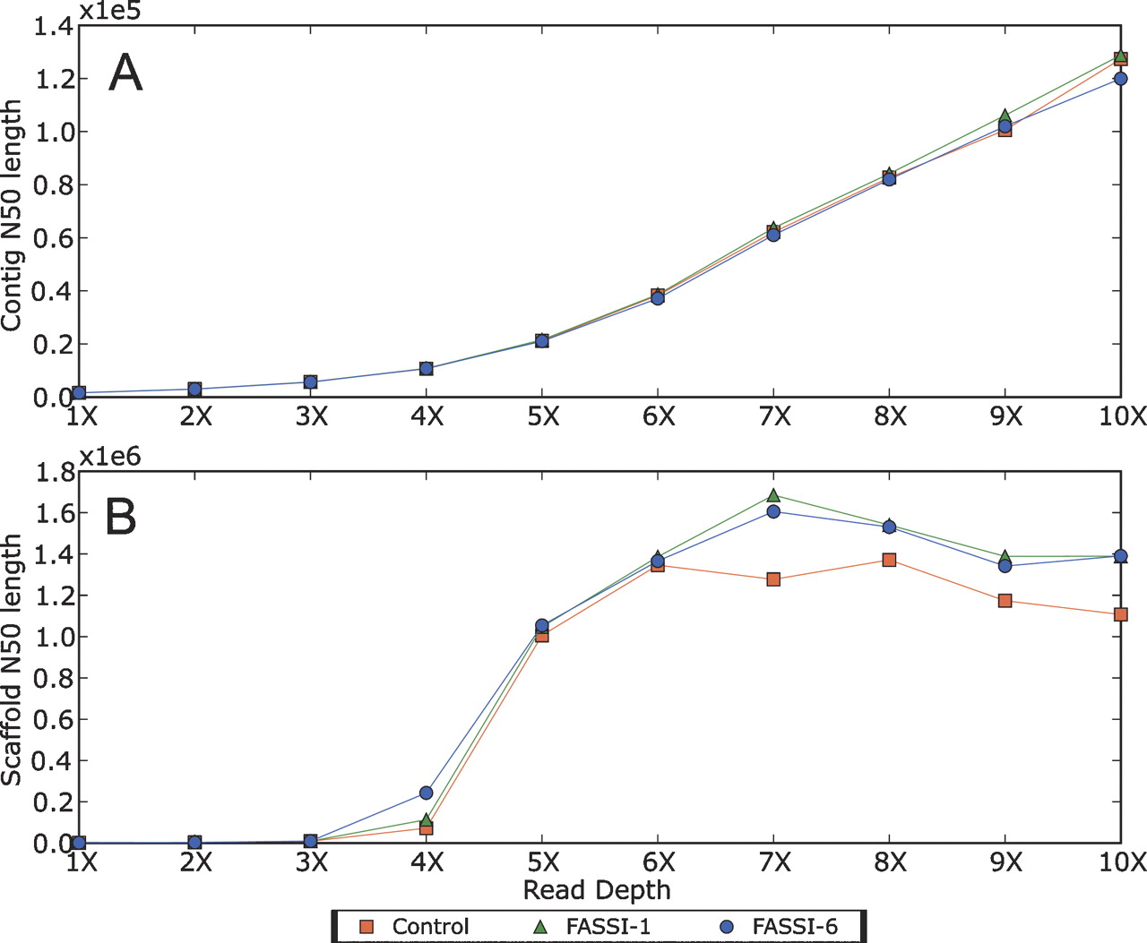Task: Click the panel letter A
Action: coord(125,73)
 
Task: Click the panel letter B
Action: coord(121,517)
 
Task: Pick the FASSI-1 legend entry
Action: coord(592,927)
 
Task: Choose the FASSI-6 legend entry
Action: coord(779,927)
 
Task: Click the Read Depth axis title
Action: coord(597,890)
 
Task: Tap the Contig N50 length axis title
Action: coord(12,215)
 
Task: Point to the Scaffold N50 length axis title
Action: coord(12,660)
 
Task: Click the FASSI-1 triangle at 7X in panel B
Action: coord(773,495)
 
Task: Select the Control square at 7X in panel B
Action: coord(773,579)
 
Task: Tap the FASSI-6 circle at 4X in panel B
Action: coord(426,793)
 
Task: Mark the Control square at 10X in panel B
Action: coord(1120,614)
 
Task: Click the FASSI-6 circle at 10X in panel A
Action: coord(1120,79)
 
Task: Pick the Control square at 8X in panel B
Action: coord(889,560)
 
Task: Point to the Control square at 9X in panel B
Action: coord(1005,600)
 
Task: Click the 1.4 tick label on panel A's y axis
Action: coord(52,27)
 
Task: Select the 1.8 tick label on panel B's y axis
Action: coord(52,473)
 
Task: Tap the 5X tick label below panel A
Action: coord(542,417)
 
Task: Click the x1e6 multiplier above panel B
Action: coord(110,457)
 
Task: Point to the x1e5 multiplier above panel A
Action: coord(110,11)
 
